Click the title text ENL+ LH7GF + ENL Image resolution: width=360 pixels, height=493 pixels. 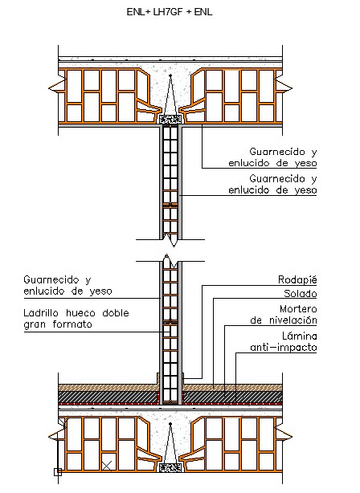click(170, 12)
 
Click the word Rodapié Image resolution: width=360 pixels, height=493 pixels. click(297, 279)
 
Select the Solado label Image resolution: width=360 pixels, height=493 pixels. click(301, 293)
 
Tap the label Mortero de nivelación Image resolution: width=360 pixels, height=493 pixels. click(284, 315)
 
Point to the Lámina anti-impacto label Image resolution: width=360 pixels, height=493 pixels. click(284, 341)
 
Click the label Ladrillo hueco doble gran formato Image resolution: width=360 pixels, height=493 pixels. click(76, 319)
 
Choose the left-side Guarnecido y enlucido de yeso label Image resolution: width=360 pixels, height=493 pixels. click(67, 285)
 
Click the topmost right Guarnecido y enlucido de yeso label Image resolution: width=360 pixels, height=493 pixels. click(272, 157)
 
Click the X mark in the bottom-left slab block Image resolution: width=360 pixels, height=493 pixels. click(107, 466)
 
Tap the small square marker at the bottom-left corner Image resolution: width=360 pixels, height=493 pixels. click(58, 472)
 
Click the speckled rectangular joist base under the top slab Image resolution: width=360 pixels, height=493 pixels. click(170, 119)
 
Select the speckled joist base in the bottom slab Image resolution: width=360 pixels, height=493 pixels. click(170, 468)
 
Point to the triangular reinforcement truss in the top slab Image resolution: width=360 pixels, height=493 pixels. click(170, 95)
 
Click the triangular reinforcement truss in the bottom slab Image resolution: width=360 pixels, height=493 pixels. click(170, 443)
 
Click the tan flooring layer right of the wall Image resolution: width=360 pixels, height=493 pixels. click(232, 387)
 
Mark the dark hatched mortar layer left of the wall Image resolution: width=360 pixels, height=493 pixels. click(108, 397)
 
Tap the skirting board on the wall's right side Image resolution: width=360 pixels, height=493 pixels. click(182, 378)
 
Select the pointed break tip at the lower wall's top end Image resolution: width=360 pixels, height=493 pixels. click(167, 255)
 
